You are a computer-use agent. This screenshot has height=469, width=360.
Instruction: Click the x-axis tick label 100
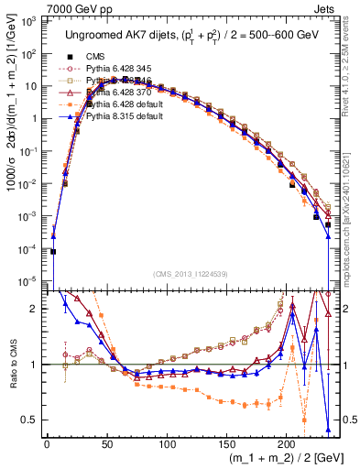point(166,445)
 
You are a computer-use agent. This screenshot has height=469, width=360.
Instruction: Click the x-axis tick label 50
point(106,445)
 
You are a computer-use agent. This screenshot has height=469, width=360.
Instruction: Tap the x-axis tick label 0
point(47,445)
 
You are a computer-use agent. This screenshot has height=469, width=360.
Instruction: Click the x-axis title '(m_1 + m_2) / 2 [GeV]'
point(274,459)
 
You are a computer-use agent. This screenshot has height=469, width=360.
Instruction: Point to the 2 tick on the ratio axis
point(34,308)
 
